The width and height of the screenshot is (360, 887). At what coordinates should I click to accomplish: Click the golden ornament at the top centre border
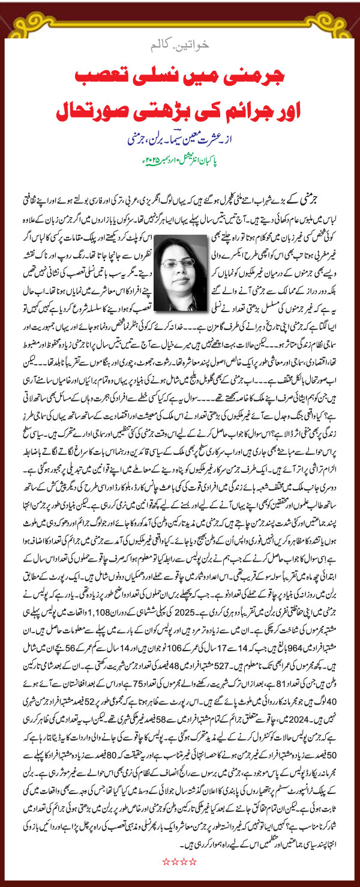point(180,12)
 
